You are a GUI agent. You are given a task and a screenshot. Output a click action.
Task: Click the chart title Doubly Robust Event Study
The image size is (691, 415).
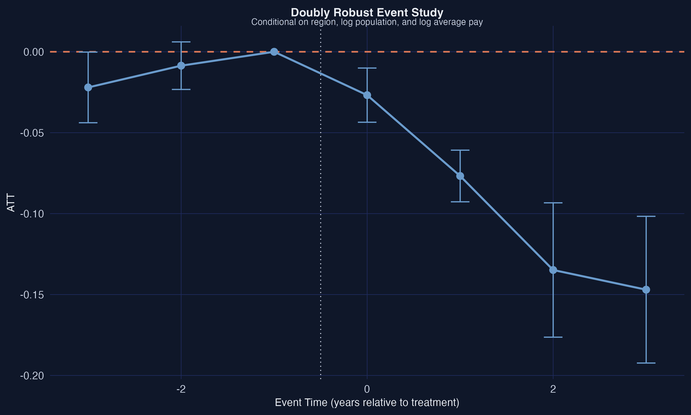(x=367, y=13)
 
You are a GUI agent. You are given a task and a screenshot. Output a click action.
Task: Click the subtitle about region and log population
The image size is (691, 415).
(x=367, y=22)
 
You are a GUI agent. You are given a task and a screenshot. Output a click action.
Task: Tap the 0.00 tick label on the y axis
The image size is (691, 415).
(x=34, y=52)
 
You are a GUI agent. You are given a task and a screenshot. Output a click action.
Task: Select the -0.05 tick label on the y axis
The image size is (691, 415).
(x=32, y=133)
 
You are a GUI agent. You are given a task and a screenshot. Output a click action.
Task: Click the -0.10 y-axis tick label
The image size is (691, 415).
(x=32, y=214)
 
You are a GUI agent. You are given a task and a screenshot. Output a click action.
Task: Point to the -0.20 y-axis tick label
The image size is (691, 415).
(x=32, y=376)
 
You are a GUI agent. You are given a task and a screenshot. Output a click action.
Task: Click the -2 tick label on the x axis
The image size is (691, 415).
(x=181, y=389)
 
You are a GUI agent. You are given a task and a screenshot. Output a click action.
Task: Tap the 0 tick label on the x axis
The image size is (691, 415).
(x=367, y=389)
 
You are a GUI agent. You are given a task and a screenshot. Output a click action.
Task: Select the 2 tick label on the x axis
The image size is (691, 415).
(x=553, y=389)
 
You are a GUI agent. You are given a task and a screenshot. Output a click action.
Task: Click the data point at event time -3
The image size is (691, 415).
(x=88, y=88)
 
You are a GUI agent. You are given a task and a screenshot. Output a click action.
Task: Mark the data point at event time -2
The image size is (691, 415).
(x=181, y=66)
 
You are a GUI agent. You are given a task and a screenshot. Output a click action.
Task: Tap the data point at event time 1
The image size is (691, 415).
(x=460, y=176)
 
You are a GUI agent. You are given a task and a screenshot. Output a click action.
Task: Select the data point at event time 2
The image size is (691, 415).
(x=553, y=270)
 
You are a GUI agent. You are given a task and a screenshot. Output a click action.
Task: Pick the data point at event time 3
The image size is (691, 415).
(x=646, y=290)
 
